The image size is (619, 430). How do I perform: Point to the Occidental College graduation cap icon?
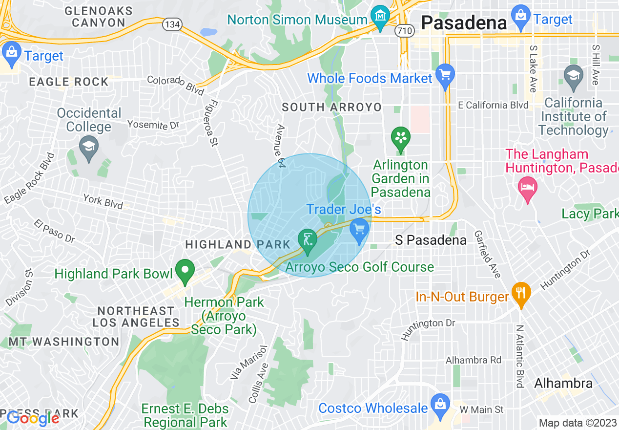click(x=89, y=148)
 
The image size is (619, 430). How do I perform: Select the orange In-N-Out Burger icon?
click(x=521, y=294)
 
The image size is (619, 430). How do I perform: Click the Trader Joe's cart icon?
click(x=359, y=230)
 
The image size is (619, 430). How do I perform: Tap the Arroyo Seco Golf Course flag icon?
click(x=308, y=240)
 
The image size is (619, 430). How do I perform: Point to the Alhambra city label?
click(x=563, y=383)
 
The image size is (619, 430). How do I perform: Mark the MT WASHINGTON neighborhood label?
click(x=63, y=342)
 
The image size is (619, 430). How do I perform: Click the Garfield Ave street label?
click(x=487, y=254)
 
